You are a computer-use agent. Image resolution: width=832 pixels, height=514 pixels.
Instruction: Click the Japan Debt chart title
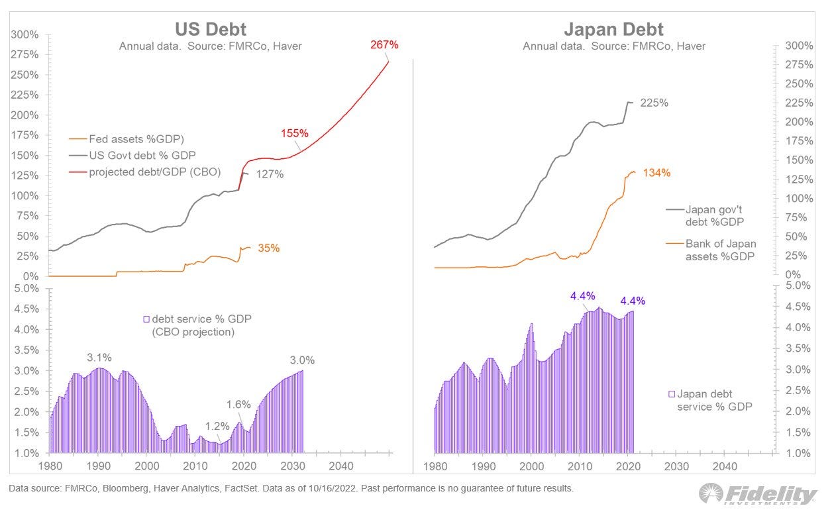click(613, 29)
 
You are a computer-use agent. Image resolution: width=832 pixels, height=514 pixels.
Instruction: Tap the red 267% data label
click(384, 45)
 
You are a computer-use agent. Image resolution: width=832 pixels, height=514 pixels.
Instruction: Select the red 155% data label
click(294, 132)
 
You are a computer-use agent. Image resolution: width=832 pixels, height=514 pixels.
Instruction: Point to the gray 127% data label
click(270, 174)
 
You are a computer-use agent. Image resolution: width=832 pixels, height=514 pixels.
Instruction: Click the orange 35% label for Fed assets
click(268, 248)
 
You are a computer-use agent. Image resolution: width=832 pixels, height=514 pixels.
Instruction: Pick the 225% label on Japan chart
click(654, 103)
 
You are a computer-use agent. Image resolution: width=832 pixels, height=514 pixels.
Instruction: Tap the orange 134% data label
click(656, 173)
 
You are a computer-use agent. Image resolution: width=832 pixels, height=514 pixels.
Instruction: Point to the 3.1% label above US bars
click(99, 358)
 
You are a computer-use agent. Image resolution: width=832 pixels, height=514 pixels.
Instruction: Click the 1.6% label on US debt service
click(238, 404)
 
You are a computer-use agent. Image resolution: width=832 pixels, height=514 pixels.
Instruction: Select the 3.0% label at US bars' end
click(302, 360)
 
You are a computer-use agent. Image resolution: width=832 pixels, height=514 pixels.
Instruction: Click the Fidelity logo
click(758, 495)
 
